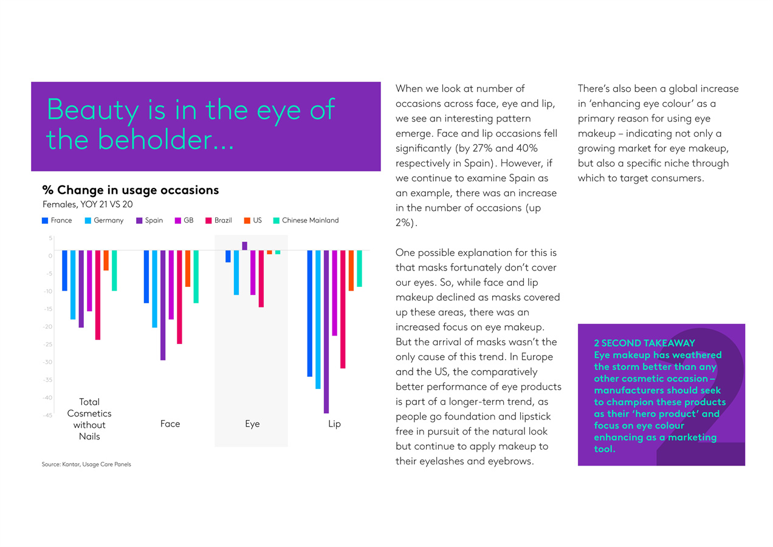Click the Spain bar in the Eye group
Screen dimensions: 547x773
[x=244, y=246]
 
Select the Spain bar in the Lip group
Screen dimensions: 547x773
[x=326, y=331]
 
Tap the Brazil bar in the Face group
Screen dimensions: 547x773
[x=179, y=297]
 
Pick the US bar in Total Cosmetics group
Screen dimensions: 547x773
[x=106, y=260]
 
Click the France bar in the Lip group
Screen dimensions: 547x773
[x=309, y=313]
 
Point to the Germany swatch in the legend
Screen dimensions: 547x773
[x=88, y=221]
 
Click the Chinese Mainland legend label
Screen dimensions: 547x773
[x=310, y=221]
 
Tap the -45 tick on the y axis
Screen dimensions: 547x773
[x=47, y=416]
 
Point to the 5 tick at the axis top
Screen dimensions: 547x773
[x=50, y=238]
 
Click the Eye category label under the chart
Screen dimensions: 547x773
[x=252, y=424]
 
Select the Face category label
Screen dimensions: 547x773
[x=170, y=424]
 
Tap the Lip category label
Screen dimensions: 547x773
[x=334, y=424]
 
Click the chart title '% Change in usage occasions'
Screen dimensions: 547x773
[x=130, y=190]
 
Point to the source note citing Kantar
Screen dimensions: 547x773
[x=86, y=464]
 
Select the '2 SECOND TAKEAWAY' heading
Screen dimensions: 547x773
[x=644, y=343]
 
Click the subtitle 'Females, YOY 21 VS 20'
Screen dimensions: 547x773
[x=88, y=204]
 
